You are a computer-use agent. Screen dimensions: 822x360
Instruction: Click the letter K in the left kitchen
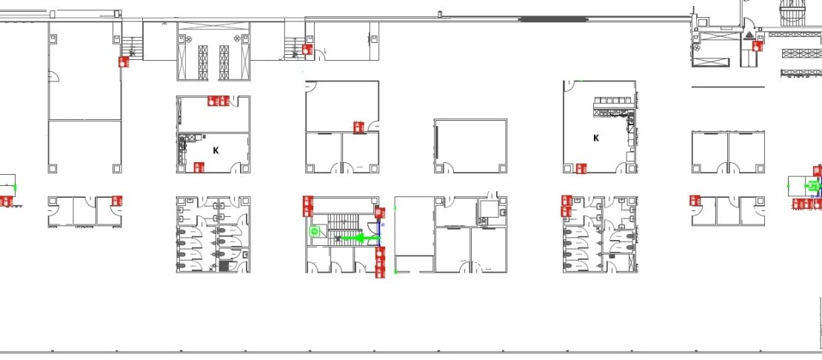[215, 150]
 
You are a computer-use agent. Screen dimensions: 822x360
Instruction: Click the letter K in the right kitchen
[596, 139]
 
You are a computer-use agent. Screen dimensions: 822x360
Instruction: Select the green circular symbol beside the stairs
[315, 231]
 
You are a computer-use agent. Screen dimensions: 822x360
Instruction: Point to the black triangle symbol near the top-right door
[749, 35]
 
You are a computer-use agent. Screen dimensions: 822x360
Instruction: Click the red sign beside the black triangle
[757, 46]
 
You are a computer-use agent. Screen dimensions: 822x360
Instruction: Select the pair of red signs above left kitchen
[218, 101]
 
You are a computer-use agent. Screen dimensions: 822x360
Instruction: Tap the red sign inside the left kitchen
[198, 167]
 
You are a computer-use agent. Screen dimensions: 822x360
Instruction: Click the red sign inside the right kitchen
[581, 169]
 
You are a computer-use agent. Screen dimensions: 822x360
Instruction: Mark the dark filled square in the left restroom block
[224, 266]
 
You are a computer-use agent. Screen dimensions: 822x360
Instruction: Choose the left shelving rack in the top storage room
[203, 62]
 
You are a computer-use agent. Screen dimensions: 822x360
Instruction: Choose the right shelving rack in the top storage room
[224, 62]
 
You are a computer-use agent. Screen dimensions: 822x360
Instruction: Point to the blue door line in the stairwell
[380, 233]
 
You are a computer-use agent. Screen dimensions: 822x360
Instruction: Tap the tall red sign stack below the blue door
[380, 262]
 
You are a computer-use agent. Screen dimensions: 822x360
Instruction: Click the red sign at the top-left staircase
[124, 61]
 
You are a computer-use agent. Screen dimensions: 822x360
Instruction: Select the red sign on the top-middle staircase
[307, 49]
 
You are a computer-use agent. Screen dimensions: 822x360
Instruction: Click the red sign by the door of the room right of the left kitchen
[358, 127]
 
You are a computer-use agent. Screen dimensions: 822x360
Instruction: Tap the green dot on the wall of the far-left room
[16, 187]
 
